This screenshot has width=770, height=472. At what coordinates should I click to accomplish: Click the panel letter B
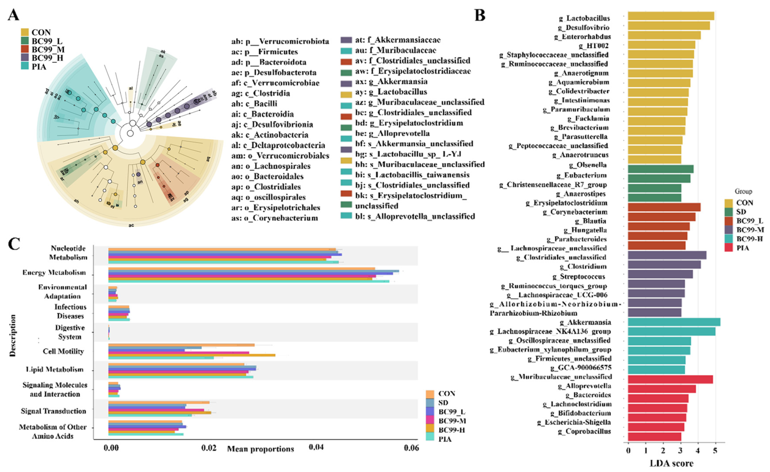click(480, 15)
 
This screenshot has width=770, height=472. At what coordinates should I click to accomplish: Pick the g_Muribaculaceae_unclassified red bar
click(670, 379)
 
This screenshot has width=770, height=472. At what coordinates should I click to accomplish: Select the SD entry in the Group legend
click(741, 212)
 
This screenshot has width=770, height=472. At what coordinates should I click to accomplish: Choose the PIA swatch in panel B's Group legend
click(729, 248)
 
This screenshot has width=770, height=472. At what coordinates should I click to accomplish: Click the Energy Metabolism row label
click(54, 272)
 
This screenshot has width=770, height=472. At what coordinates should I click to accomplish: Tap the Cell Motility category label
click(63, 351)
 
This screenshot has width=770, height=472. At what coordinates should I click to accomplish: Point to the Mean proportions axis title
click(260, 449)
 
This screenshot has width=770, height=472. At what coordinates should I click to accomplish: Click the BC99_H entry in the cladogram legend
click(47, 58)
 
